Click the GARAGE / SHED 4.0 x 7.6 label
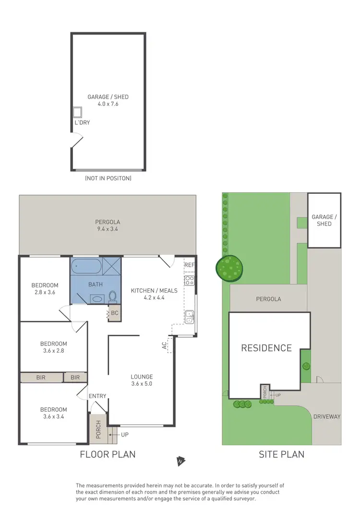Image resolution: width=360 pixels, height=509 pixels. (x=108, y=100)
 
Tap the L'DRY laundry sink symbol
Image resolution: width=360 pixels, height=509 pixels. (x=77, y=112)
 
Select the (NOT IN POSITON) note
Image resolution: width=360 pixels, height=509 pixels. (x=108, y=178)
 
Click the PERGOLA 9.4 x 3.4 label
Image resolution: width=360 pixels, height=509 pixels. (x=108, y=225)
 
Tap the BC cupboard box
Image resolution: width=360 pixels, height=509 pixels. (x=114, y=313)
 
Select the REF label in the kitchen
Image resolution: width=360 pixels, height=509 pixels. (x=189, y=265)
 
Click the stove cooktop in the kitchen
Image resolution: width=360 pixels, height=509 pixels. (x=189, y=280)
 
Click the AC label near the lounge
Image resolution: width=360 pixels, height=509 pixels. (x=164, y=344)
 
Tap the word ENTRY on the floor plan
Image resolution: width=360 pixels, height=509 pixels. (x=97, y=396)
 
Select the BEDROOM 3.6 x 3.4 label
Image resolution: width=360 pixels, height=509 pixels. (x=53, y=413)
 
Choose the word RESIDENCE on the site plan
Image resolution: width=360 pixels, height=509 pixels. (x=266, y=348)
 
